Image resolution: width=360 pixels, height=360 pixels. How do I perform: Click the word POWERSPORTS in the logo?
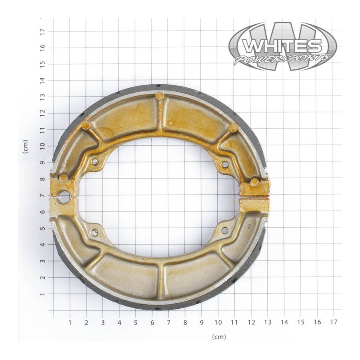(282, 59)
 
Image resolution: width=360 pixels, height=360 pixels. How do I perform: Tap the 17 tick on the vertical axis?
(42, 31)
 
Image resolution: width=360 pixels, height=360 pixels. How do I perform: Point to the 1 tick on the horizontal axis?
(70, 322)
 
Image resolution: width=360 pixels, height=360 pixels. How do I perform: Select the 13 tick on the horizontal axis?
(267, 322)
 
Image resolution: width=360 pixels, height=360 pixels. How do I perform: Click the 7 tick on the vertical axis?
(42, 196)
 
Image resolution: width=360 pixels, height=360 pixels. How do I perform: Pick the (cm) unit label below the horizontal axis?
(219, 337)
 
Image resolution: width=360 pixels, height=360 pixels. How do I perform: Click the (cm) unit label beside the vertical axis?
(26, 146)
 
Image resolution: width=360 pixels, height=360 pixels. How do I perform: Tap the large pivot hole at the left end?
(64, 197)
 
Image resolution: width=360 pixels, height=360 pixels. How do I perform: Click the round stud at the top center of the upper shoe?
(159, 96)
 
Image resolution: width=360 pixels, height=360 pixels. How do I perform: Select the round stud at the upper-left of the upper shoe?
(85, 126)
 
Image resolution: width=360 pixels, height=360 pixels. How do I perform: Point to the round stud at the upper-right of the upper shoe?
(233, 128)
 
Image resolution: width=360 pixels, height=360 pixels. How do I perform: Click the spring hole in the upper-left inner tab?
(95, 162)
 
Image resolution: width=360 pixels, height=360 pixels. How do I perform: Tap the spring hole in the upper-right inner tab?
(225, 165)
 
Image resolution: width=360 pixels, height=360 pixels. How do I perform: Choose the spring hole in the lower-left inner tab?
(95, 232)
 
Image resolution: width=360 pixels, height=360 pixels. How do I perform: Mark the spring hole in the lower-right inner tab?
(225, 230)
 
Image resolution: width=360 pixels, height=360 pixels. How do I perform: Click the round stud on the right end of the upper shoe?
(255, 182)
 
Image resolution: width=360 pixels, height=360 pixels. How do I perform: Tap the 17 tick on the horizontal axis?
(333, 322)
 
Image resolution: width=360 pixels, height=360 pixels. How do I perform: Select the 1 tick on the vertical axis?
(42, 294)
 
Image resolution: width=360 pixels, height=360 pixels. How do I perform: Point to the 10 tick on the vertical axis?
(42, 146)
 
